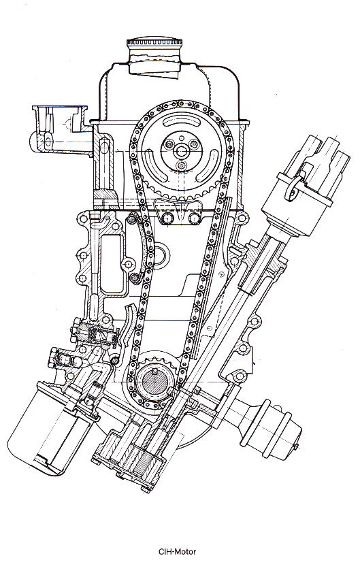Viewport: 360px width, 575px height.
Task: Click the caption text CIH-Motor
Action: tap(178, 551)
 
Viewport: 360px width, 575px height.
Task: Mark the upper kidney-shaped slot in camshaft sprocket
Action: tap(181, 120)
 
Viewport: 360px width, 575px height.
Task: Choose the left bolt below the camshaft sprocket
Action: tap(167, 218)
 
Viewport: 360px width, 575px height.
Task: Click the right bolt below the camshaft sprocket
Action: tap(194, 218)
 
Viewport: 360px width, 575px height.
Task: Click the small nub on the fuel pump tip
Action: tap(296, 446)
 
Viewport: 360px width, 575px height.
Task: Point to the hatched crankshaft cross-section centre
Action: tap(154, 381)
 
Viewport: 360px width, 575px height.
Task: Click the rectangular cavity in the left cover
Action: tap(112, 263)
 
